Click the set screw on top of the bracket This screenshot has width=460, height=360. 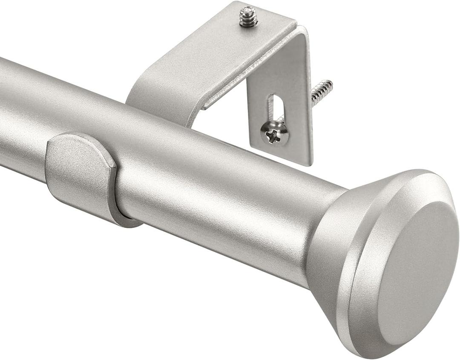click(248, 17)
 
